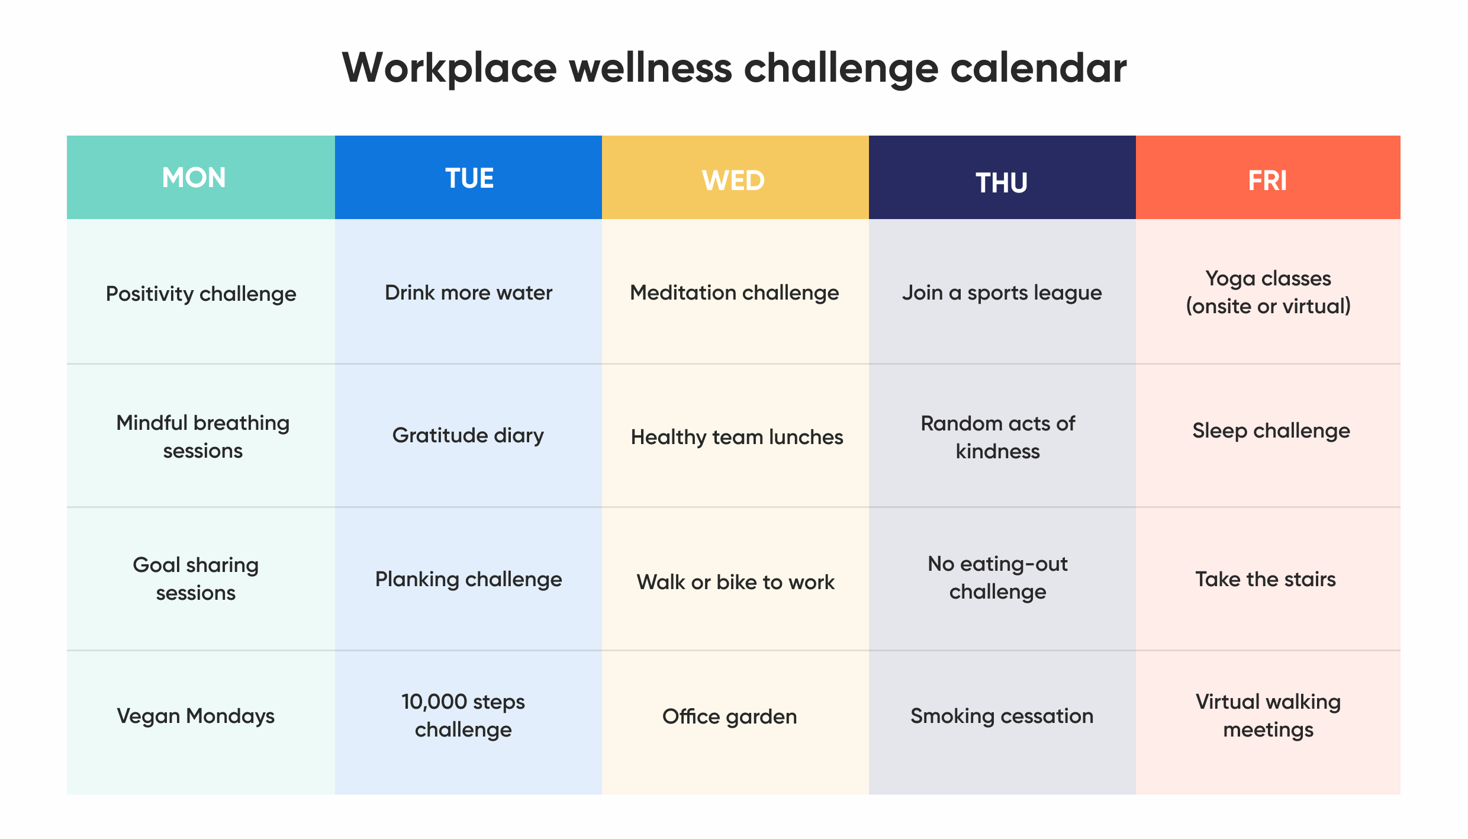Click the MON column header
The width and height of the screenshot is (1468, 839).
pyautogui.click(x=194, y=178)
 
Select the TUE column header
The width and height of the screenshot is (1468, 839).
pyautogui.click(x=469, y=178)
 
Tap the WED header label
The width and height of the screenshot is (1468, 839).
pyautogui.click(x=733, y=181)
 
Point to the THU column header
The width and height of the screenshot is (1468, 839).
pyautogui.click(x=1002, y=183)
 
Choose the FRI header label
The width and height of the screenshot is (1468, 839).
pyautogui.click(x=1267, y=181)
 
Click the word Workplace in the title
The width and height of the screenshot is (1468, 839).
pyautogui.click(x=449, y=69)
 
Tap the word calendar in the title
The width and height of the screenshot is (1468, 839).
pyautogui.click(x=1038, y=69)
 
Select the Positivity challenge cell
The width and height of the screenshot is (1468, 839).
pyautogui.click(x=201, y=294)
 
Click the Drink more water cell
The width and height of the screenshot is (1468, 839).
pyautogui.click(x=468, y=292)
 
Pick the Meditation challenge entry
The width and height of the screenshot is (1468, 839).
pyautogui.click(x=734, y=292)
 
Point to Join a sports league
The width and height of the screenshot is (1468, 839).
pyautogui.click(x=1002, y=292)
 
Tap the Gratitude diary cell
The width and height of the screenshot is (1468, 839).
pyautogui.click(x=468, y=435)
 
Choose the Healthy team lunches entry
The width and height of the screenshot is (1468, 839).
pyautogui.click(x=736, y=437)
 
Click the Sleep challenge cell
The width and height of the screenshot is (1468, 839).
pyautogui.click(x=1271, y=430)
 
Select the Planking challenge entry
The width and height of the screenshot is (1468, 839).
pyautogui.click(x=468, y=579)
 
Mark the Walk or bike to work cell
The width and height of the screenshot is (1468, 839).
pyautogui.click(x=735, y=582)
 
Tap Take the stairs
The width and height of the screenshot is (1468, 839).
pyautogui.click(x=1266, y=579)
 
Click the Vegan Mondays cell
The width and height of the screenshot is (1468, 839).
pyautogui.click(x=195, y=716)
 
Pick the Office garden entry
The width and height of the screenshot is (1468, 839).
pyautogui.click(x=729, y=716)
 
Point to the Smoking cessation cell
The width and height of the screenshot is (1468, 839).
pyautogui.click(x=1002, y=716)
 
